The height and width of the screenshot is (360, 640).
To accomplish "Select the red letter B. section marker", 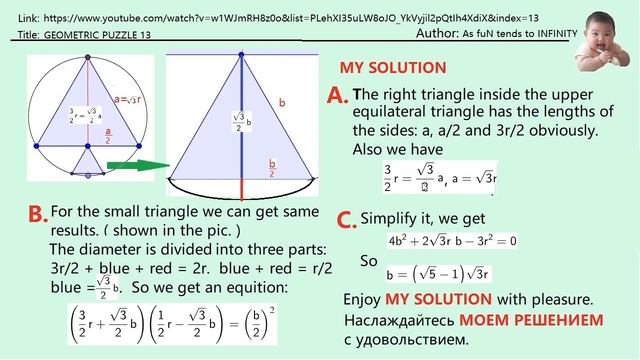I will pos(37,213).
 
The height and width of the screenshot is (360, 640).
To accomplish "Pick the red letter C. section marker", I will pos(346,220).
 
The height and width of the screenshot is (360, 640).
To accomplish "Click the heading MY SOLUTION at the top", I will pos(393,69).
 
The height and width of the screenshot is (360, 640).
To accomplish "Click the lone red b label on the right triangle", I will pos(281,102).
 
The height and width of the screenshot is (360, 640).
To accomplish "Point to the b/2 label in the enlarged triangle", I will pos(273,166).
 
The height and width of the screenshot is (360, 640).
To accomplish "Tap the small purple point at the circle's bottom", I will pos(88,175).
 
